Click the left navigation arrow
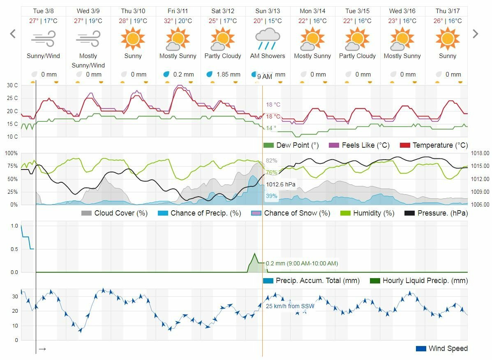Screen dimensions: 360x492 click(13, 34)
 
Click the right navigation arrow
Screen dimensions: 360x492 click(476, 34)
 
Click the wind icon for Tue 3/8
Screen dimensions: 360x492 click(43, 40)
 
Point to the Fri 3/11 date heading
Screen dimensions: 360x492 click(178, 11)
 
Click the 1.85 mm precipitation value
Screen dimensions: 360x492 click(229, 74)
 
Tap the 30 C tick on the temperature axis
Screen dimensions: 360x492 click(12, 86)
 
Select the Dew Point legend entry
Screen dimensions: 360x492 click(291, 145)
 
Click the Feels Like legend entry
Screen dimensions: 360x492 click(356, 145)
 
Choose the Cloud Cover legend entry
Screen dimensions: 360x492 click(115, 213)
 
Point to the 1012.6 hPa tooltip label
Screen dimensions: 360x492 click(281, 184)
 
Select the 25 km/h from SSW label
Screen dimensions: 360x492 click(290, 306)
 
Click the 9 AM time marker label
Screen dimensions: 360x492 click(265, 77)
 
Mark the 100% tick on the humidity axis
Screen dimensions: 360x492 click(11, 153)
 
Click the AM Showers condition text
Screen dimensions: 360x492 click(268, 56)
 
